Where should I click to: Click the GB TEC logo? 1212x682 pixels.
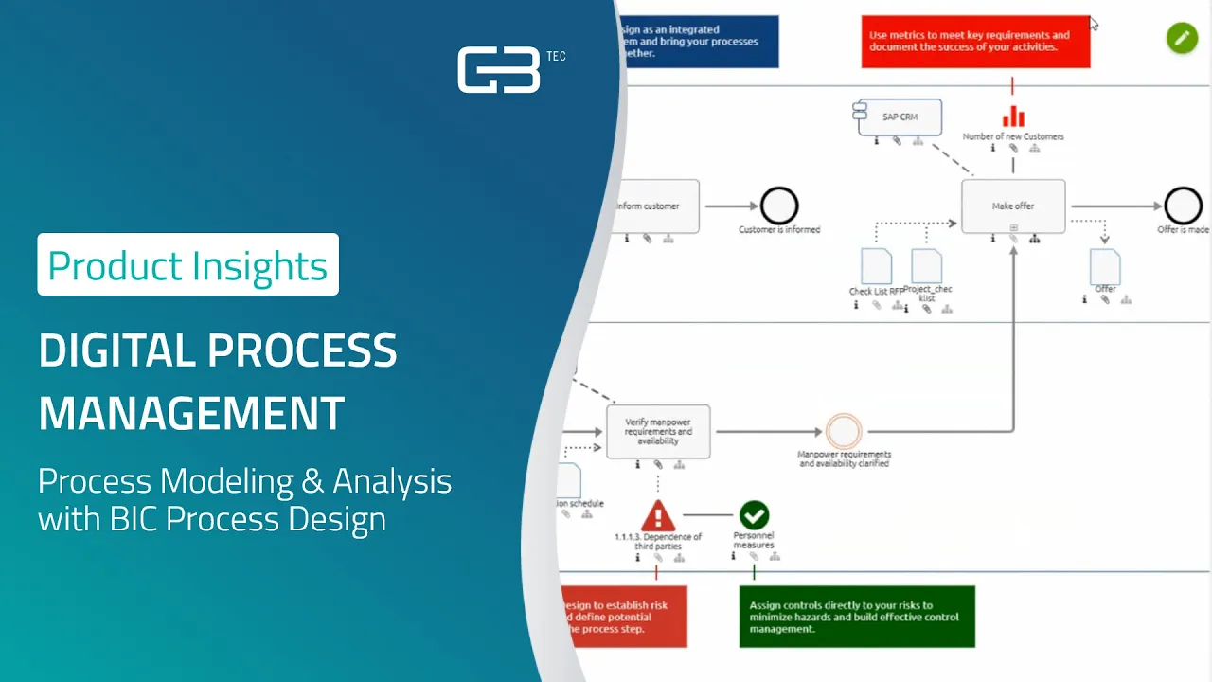tap(500, 70)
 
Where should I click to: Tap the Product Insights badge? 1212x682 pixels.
tap(187, 265)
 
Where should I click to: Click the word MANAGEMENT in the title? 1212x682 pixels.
tap(191, 413)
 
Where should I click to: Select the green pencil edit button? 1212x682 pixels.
tap(1182, 37)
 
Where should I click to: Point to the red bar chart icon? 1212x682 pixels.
tap(1013, 116)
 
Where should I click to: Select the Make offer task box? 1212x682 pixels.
tap(1013, 206)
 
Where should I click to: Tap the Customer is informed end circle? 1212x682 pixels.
tap(779, 206)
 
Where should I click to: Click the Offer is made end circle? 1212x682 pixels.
tap(1183, 206)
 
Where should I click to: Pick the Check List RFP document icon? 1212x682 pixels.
tap(876, 266)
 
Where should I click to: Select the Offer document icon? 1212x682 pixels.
tap(1105, 267)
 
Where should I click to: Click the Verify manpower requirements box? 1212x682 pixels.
tap(658, 431)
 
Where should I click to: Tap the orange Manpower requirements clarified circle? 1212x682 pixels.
tap(843, 431)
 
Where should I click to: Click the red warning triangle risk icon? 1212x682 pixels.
tap(658, 515)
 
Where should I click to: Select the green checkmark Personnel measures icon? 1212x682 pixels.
tap(754, 515)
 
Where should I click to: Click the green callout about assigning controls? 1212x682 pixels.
tap(856, 617)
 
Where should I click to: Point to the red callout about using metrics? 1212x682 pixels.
tap(975, 42)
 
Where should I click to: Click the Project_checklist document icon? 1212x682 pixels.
tap(927, 266)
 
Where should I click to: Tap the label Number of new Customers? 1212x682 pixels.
tap(1013, 136)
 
